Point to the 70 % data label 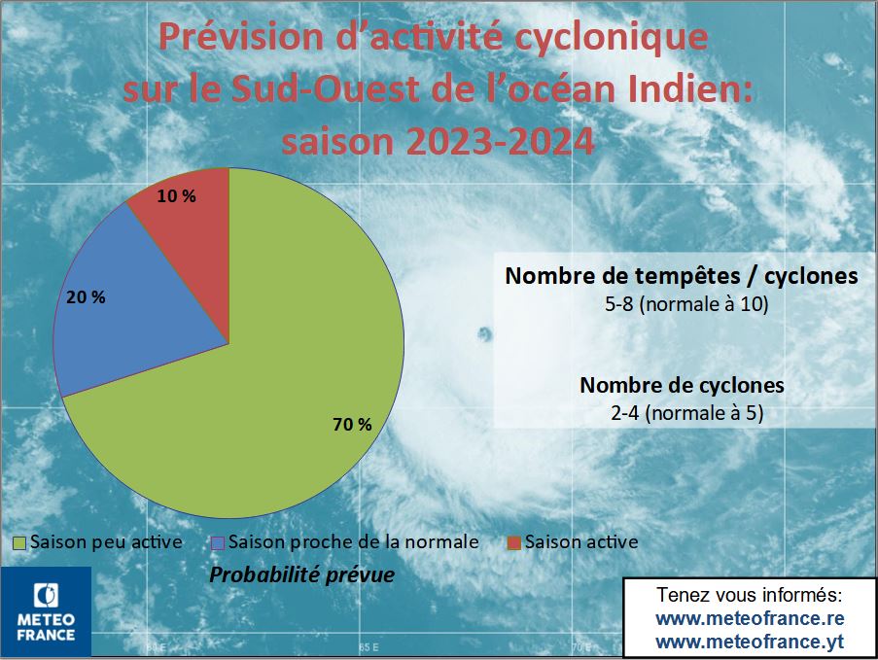(352, 425)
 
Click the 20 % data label (86, 297)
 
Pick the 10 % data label (176, 196)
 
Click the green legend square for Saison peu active (19, 542)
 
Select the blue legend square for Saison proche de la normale (219, 542)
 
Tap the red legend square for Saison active (514, 542)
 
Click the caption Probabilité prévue (302, 574)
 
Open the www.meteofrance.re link (750, 618)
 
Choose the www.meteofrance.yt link (750, 642)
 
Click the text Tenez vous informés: (750, 595)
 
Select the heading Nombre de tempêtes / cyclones (682, 276)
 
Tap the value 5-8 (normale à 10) (686, 304)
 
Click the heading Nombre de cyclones (682, 385)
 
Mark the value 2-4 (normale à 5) (686, 413)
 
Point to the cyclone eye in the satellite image (484, 335)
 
